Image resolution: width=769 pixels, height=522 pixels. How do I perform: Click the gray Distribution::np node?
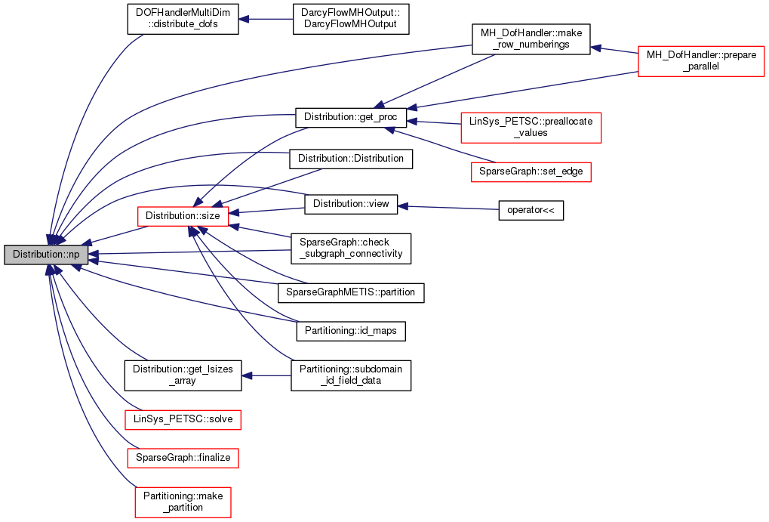coord(46,255)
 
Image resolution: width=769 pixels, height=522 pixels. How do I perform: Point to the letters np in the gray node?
coord(73,255)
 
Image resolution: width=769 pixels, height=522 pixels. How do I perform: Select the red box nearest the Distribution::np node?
coord(183,216)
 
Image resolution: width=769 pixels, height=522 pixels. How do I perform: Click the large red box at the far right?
coord(701,61)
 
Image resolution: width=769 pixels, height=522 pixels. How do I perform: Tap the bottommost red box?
coord(183,502)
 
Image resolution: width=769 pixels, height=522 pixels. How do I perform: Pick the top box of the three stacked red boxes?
coord(183,420)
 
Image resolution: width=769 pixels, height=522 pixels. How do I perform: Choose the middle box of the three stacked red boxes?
coord(183,458)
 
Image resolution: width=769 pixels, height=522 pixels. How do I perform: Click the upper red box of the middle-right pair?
coord(531,127)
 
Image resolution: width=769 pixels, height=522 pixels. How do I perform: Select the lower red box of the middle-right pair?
coord(531,172)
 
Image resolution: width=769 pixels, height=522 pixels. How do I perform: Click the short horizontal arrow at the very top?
coord(266,19)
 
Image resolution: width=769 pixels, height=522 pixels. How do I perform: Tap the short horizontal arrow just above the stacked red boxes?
coord(266,375)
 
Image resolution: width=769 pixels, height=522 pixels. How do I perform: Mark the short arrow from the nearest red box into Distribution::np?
coord(113,236)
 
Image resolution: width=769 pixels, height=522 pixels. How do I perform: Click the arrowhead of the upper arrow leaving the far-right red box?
coord(596,48)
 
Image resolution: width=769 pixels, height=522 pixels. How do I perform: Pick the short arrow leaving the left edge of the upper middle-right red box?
coord(434,122)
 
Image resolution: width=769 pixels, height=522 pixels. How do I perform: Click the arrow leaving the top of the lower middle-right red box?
coord(441,146)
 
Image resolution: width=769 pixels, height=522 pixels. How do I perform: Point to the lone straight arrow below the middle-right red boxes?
coord(448,207)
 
